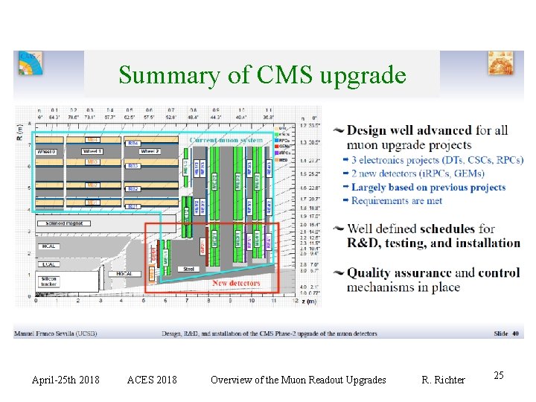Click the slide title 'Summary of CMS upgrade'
tap(262, 75)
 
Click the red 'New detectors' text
tap(236, 283)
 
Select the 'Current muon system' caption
tap(226, 139)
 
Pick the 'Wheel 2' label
tap(150, 151)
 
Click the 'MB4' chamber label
tap(92, 139)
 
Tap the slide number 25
tap(499, 376)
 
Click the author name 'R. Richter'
tap(443, 380)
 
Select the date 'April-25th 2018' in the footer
tap(66, 380)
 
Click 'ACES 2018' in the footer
tap(152, 380)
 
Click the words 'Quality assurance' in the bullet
tap(399, 273)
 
